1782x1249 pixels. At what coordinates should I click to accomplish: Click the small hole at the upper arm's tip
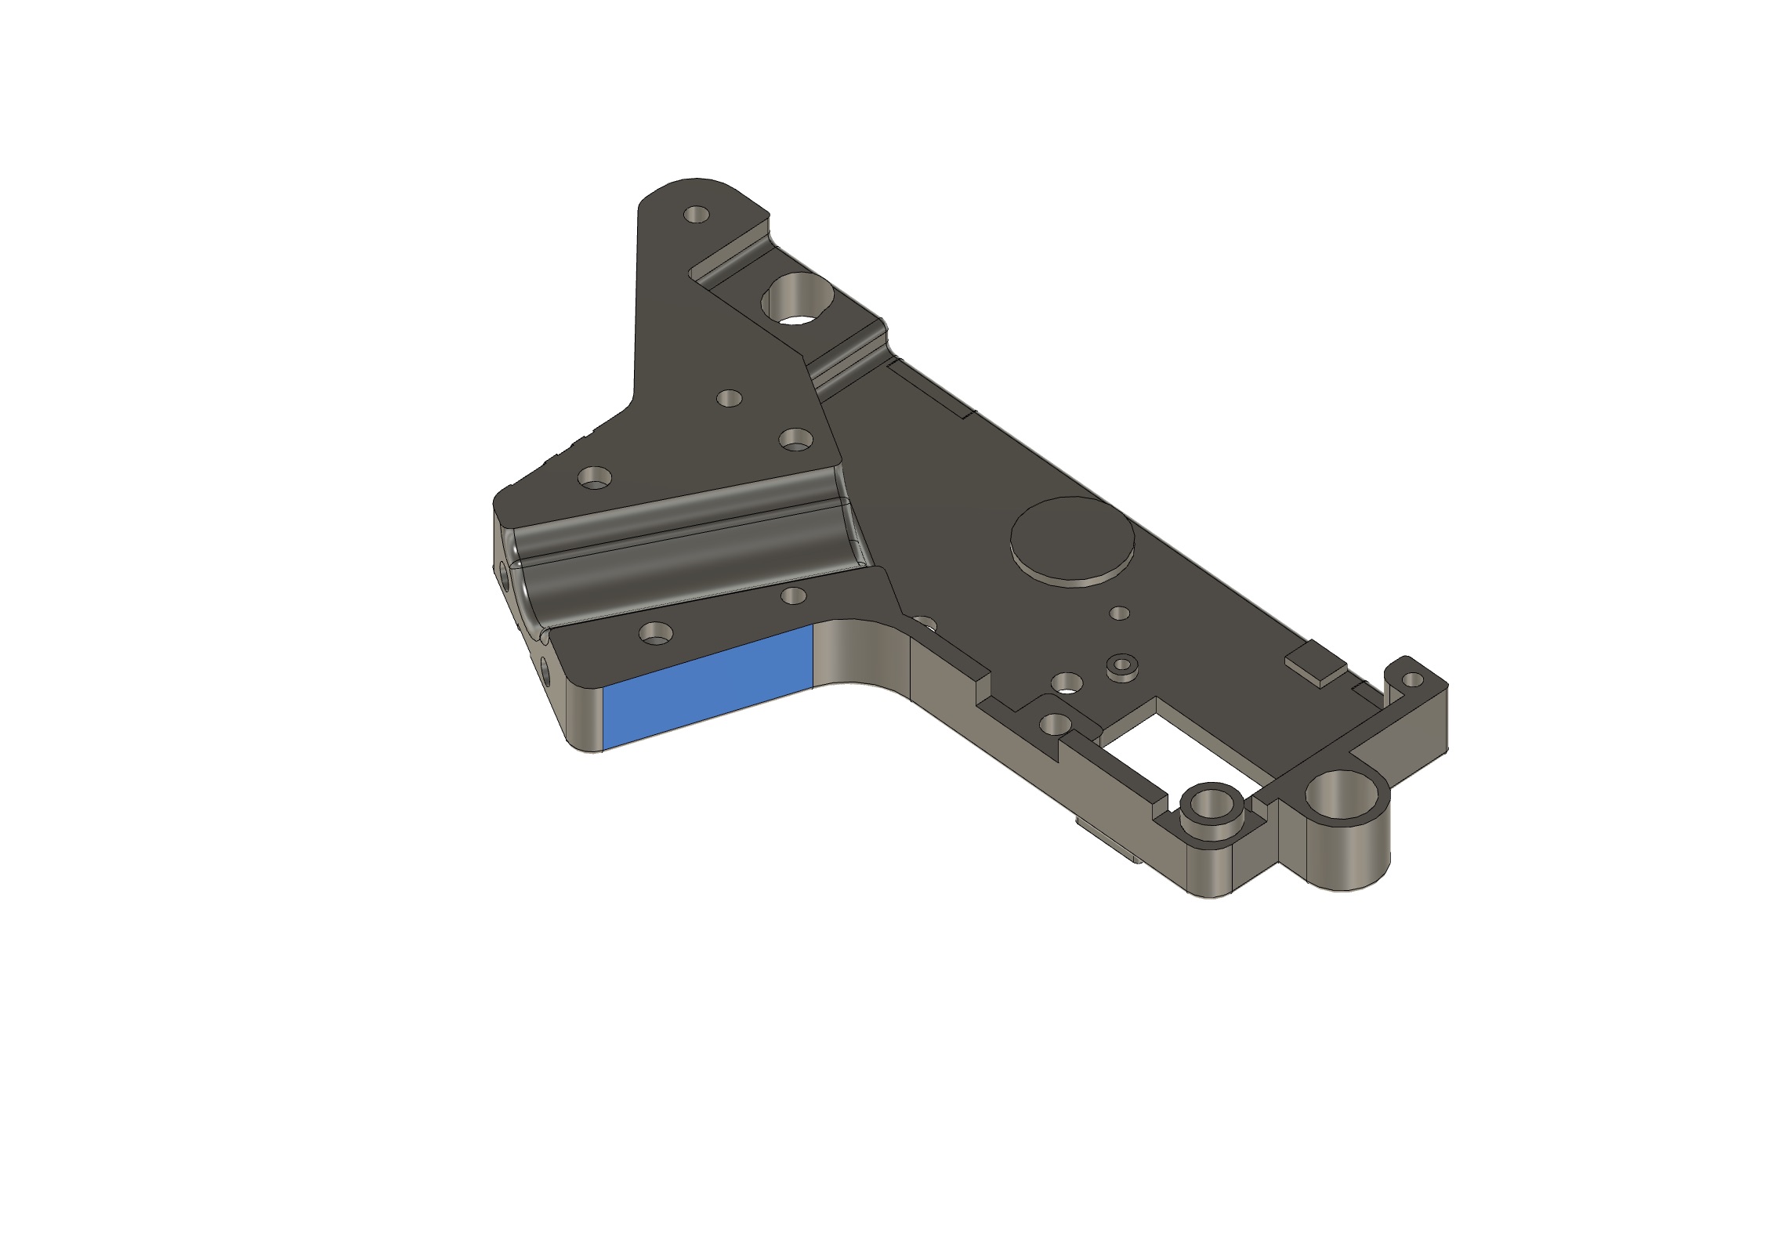point(695,214)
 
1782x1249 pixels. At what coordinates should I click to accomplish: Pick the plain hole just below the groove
point(794,596)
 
